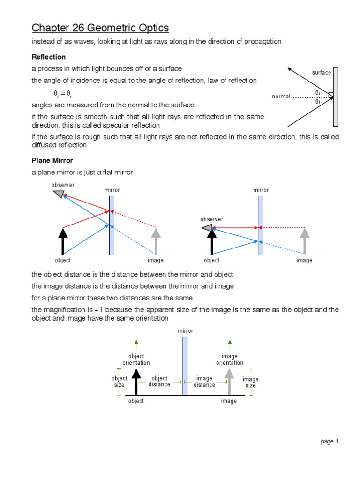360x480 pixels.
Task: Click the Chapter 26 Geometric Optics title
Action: click(x=100, y=28)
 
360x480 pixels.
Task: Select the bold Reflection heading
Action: click(x=49, y=57)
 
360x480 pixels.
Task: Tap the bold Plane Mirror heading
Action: click(x=52, y=160)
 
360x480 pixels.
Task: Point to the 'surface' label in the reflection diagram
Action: click(x=322, y=73)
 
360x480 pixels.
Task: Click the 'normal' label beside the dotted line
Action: click(x=281, y=97)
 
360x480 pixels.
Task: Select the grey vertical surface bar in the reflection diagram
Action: click(x=336, y=97)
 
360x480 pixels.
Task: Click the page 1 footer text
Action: click(x=330, y=441)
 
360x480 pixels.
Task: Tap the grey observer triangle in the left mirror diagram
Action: click(x=59, y=194)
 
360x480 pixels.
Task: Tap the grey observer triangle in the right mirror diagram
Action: click(x=207, y=228)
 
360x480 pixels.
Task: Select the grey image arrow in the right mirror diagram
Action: click(x=305, y=241)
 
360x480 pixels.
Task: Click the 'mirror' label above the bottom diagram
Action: click(x=185, y=331)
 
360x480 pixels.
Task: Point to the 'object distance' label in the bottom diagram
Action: click(x=159, y=382)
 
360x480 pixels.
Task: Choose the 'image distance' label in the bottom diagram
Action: click(x=204, y=382)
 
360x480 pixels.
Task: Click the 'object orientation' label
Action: click(x=136, y=360)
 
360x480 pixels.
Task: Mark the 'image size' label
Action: click(x=251, y=382)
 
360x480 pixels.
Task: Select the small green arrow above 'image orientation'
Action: click(x=229, y=345)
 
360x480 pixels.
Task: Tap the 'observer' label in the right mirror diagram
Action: click(x=212, y=219)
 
